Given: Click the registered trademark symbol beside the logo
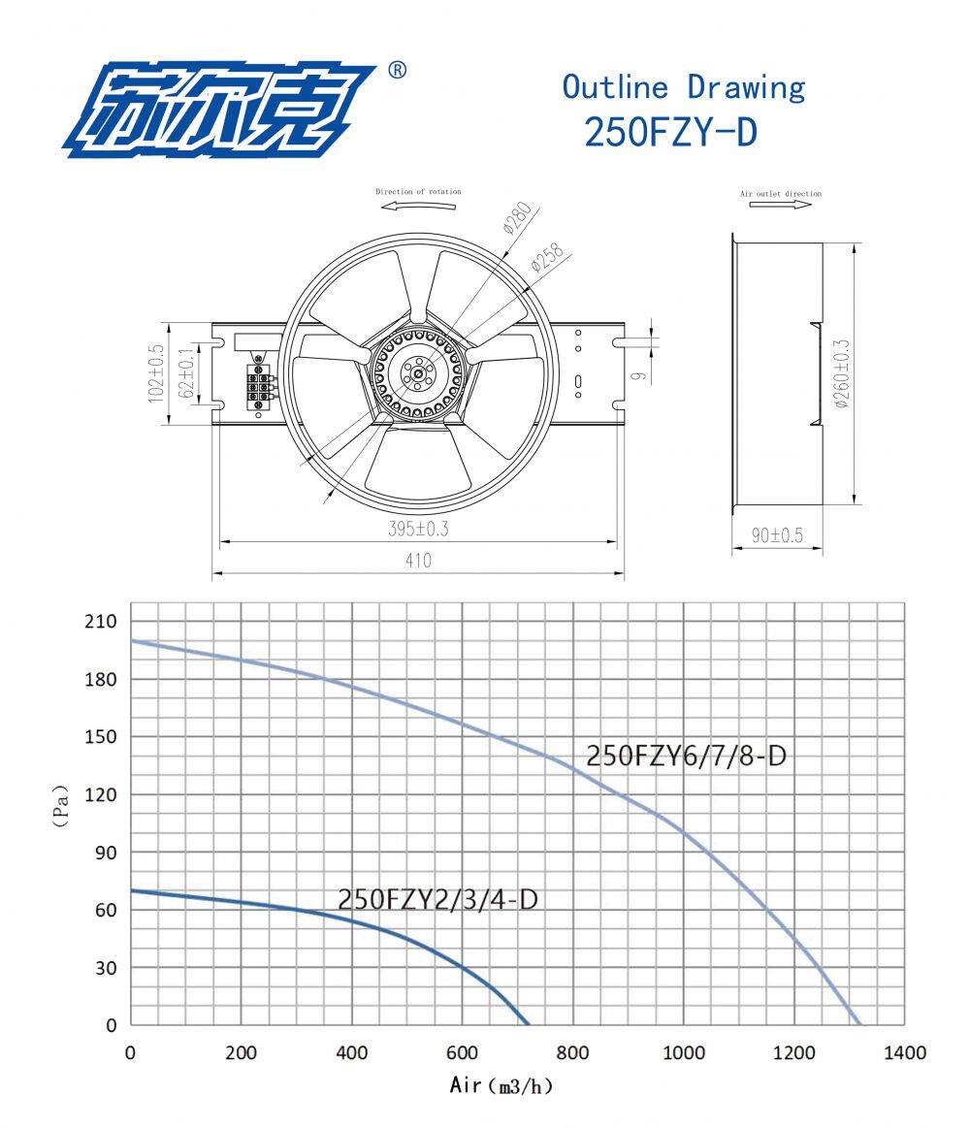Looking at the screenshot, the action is [x=397, y=70].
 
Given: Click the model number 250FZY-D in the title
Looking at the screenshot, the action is [x=670, y=132].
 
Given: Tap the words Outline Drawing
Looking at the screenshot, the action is [x=684, y=87].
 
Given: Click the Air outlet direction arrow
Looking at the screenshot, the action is [x=780, y=205].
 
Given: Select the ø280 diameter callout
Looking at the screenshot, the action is [x=518, y=218].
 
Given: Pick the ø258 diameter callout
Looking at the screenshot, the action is [x=548, y=258].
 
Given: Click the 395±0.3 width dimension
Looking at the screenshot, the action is [x=418, y=529].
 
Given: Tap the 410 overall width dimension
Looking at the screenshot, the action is [x=418, y=561].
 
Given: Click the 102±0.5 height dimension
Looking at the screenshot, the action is [x=156, y=373].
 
